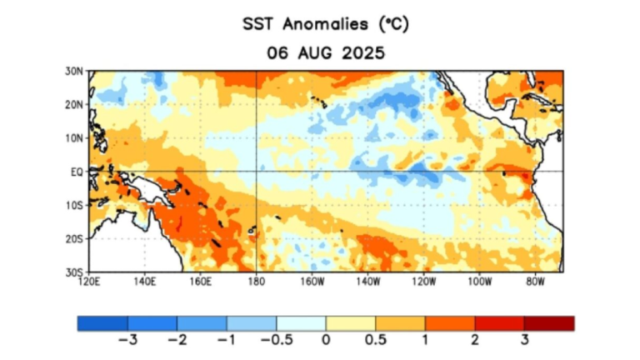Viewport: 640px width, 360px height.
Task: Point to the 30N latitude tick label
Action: coord(74,72)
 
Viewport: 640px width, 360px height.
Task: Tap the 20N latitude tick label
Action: coord(74,105)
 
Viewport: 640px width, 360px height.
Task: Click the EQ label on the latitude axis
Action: coord(76,172)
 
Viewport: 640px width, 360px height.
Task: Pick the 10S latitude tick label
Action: coord(74,205)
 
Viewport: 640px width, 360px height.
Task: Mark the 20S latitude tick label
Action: coord(74,238)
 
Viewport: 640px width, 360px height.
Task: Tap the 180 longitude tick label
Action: coord(256,281)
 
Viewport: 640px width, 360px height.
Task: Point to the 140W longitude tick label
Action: coord(367,281)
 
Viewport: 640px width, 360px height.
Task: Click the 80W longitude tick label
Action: coord(535,281)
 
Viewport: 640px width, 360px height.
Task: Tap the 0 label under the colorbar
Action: coord(327,341)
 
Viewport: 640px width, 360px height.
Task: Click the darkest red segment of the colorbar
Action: coord(550,323)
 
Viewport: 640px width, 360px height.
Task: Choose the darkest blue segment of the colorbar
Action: coord(102,323)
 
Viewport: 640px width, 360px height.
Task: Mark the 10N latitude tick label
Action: coord(74,138)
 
